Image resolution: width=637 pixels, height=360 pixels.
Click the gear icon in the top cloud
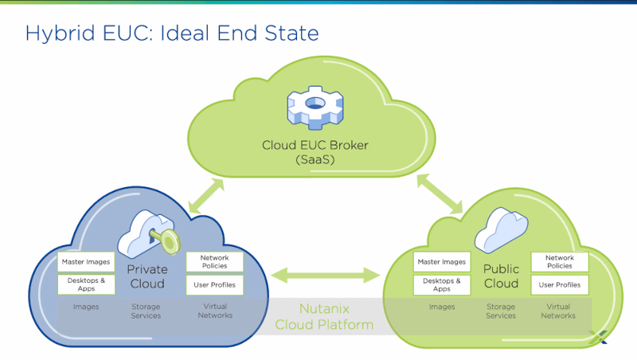point(315,108)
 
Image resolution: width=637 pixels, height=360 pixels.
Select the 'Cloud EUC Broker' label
point(315,145)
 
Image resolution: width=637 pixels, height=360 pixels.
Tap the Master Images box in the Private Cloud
point(86,262)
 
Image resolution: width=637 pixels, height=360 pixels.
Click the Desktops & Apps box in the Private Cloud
point(86,284)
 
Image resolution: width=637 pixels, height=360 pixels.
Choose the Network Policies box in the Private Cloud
point(214,262)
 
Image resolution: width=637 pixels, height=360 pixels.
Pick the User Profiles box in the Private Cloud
point(214,285)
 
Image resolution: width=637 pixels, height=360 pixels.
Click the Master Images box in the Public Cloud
point(442,262)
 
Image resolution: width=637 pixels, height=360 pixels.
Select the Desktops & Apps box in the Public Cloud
point(442,285)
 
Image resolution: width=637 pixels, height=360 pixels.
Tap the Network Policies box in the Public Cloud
point(560,262)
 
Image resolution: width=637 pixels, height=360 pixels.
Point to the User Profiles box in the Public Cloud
point(560,285)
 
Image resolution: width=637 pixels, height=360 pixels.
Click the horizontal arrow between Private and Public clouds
point(325,275)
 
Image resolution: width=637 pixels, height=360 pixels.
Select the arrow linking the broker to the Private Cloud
point(206,196)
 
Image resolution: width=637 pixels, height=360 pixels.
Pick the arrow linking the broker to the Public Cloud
point(440,194)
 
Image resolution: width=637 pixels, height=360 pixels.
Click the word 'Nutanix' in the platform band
point(324,309)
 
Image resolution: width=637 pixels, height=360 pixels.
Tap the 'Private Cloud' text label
point(147,276)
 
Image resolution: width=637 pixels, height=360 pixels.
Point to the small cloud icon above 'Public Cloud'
point(502,230)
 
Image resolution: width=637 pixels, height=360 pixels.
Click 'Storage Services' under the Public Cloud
point(501,311)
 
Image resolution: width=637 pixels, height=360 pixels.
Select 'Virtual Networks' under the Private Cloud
point(215,311)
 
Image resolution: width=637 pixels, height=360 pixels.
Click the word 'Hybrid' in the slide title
point(61,33)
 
